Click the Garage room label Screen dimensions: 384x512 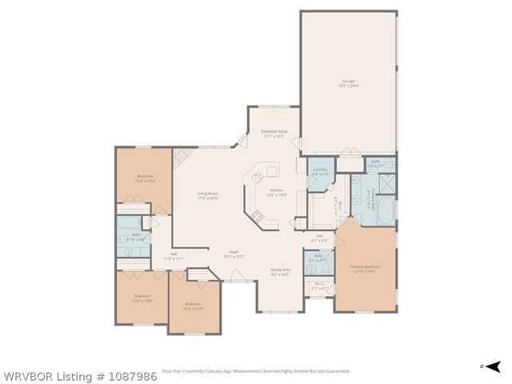(348, 82)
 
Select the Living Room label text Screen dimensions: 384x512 (208, 195)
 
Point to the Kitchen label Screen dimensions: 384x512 (265, 193)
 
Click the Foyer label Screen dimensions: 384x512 (234, 254)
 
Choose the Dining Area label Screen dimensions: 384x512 (280, 272)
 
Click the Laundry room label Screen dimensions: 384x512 (320, 170)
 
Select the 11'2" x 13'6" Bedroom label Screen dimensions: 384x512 (145, 178)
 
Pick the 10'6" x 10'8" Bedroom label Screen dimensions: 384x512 (142, 298)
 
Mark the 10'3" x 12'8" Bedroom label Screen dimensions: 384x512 (193, 305)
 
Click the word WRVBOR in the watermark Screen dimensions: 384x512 (24, 374)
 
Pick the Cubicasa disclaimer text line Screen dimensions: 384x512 (256, 370)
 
